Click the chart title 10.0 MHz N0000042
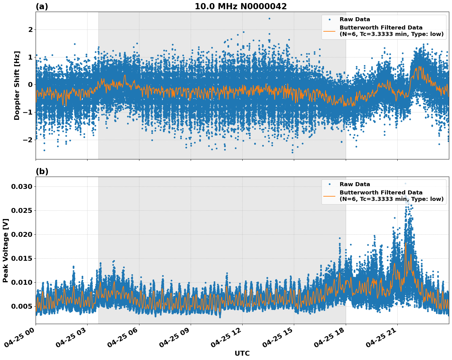[x=241, y=6]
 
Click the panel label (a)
[x=42, y=6]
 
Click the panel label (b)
[x=42, y=171]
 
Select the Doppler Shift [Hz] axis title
[x=17, y=85]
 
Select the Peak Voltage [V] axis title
[x=6, y=250]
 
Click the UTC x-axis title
[x=242, y=353]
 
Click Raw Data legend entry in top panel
[x=355, y=19]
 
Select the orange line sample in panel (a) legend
[x=329, y=31]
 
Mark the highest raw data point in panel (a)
[x=269, y=18]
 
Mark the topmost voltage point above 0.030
[x=405, y=183]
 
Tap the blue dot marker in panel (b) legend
[x=329, y=184]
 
